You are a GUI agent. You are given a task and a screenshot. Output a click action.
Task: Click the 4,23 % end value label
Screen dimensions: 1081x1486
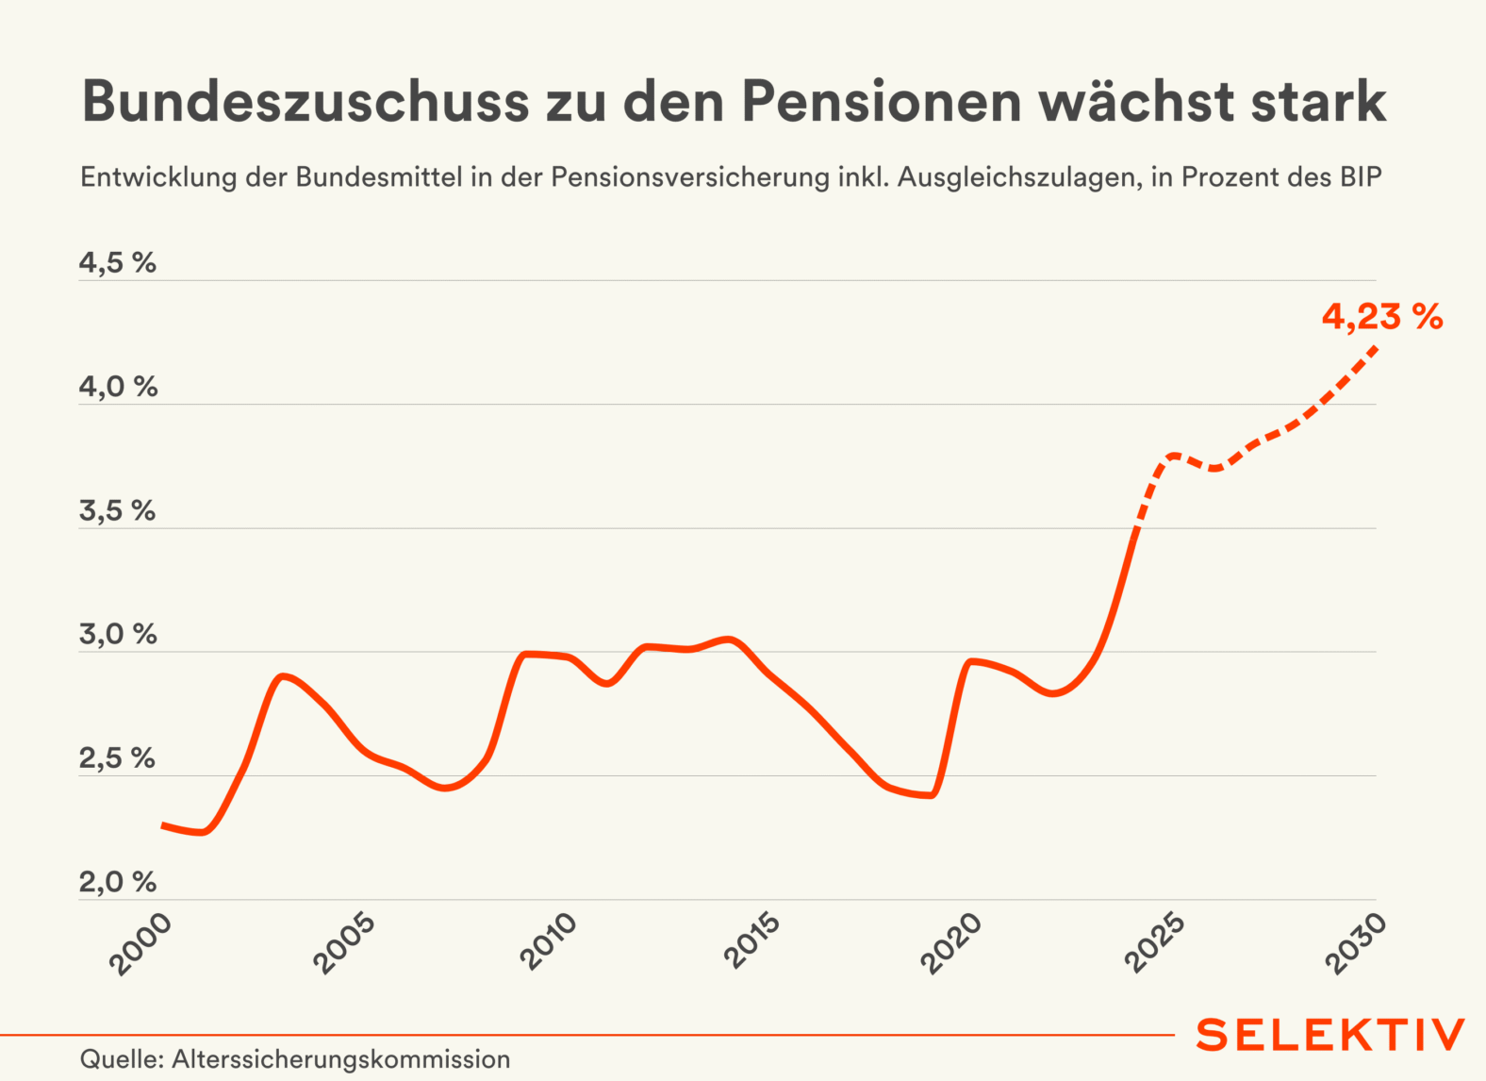coord(1381,317)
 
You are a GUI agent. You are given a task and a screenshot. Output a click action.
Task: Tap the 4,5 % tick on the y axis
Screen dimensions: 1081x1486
coord(117,263)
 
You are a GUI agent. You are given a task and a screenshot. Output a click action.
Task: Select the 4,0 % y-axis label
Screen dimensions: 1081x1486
coord(118,387)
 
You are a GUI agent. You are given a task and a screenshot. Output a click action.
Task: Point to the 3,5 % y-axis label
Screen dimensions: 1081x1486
coord(117,511)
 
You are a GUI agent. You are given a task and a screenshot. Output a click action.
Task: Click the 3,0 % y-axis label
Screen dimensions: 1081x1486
coord(118,635)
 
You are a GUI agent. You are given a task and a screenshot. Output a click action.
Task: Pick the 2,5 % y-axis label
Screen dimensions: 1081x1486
coord(117,758)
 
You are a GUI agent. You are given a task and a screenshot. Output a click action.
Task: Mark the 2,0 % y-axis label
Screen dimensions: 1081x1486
coord(118,883)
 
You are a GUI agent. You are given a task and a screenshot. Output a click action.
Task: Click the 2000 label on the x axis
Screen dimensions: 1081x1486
coord(141,943)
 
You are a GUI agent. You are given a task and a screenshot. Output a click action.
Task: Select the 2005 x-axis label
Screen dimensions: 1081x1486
coord(345,943)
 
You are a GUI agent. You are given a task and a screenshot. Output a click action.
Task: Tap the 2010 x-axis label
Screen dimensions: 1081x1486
coord(549,943)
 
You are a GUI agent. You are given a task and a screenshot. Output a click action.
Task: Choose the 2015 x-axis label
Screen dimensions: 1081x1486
coord(752,943)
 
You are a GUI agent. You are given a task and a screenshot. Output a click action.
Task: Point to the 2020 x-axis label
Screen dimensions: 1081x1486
coord(952,943)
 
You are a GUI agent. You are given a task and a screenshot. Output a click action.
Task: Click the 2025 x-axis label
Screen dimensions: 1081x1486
coord(1156,943)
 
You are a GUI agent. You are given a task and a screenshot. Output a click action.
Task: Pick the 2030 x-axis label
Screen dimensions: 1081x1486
coord(1358,943)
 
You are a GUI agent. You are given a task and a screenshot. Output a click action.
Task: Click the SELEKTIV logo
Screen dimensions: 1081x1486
coord(1330,1035)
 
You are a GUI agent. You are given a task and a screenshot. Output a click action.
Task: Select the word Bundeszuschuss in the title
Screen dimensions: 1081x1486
coord(305,102)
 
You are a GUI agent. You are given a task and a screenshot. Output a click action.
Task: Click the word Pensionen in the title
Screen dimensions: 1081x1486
coord(882,102)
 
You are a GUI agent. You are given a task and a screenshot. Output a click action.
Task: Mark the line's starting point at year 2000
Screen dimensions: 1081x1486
coord(164,825)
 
